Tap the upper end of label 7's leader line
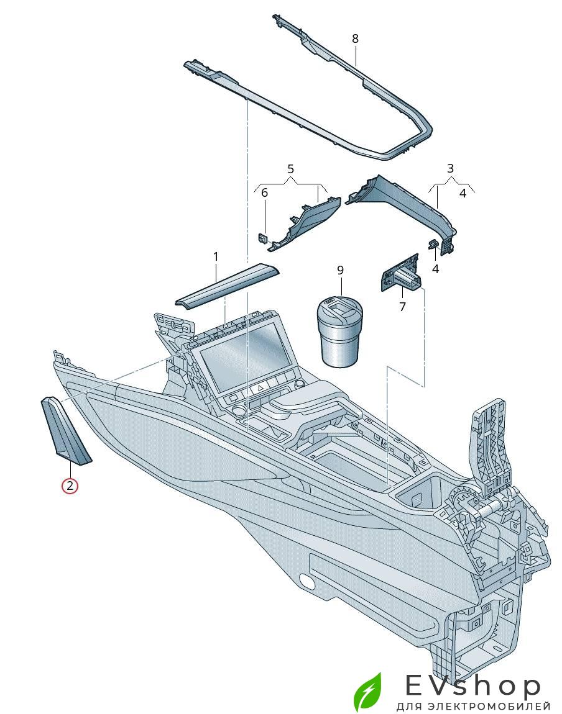tap(402, 282)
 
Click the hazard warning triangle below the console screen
tap(260, 389)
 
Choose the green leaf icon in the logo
tap(368, 694)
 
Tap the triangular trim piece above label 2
tap(66, 431)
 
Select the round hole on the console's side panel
tap(305, 581)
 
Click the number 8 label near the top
tap(356, 38)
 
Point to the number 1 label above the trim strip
tap(216, 257)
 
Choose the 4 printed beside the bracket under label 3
tap(463, 193)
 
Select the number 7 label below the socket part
tap(402, 307)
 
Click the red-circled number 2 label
tap(70, 486)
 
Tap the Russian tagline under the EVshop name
tap(473, 707)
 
